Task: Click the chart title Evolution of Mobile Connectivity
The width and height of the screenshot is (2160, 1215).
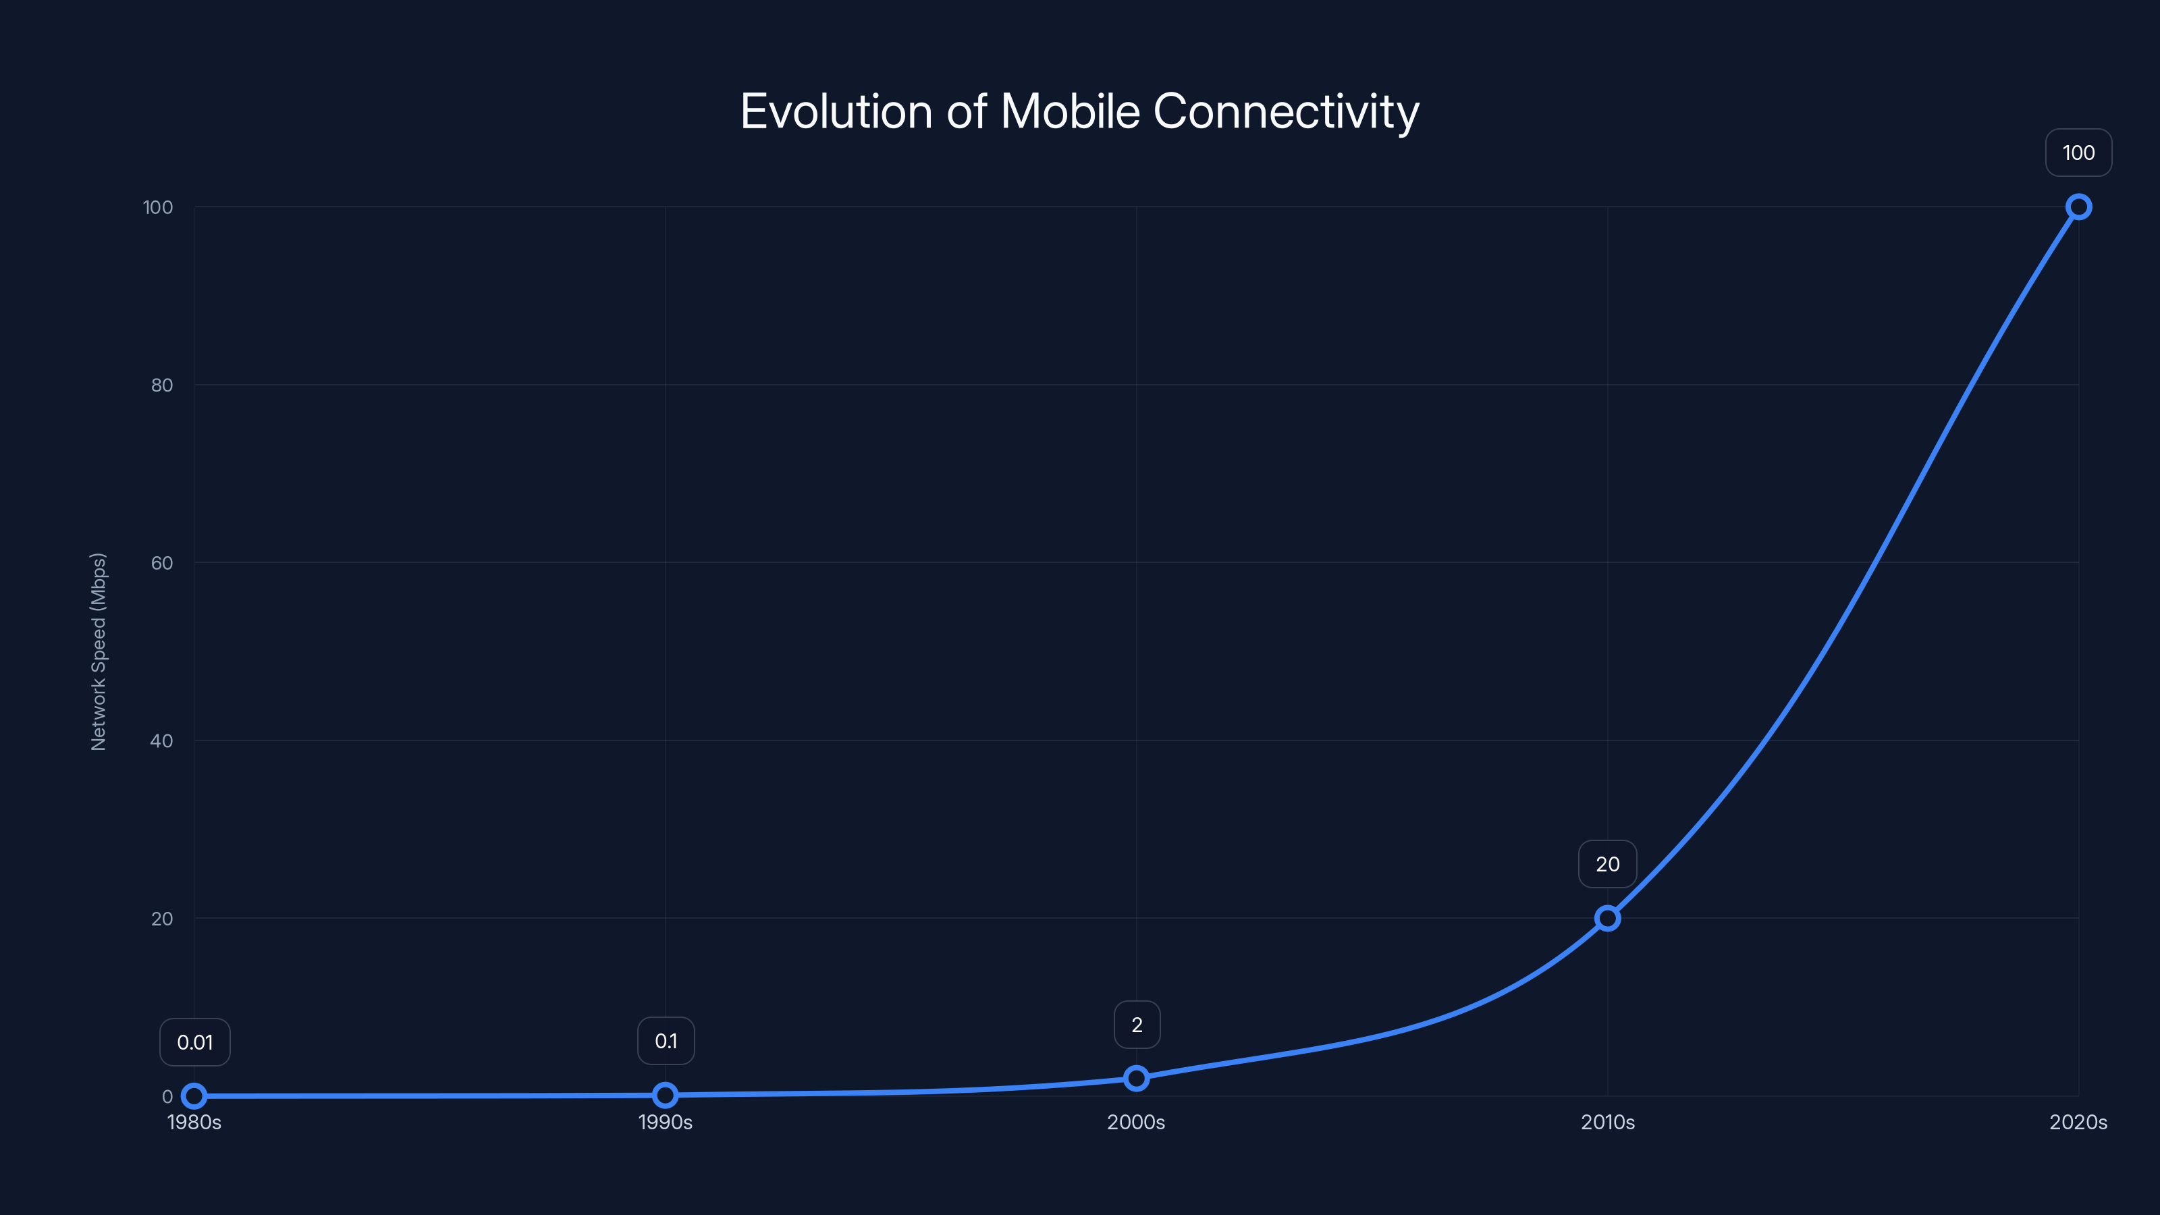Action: tap(1079, 111)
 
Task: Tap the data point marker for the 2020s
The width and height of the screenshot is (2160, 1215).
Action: tap(2078, 207)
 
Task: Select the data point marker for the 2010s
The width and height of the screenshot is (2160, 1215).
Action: tap(1606, 918)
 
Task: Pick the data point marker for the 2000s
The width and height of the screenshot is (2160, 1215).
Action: tap(1136, 1079)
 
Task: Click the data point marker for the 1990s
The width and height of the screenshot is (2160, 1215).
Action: tap(665, 1094)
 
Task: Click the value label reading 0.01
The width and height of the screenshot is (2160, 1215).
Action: tap(194, 1042)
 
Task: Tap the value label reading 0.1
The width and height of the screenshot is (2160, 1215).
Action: tap(666, 1041)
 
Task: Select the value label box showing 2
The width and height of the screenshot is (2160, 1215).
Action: tap(1136, 1025)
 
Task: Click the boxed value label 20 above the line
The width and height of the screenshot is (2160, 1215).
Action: tap(1606, 864)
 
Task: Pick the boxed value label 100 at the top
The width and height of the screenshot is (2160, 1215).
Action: tap(2078, 153)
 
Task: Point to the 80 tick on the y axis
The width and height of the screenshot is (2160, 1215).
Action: tap(162, 385)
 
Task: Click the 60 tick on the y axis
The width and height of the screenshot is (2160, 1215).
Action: tap(162, 563)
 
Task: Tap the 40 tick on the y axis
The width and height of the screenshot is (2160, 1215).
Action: tap(162, 740)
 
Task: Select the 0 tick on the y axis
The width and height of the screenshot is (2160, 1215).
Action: tap(167, 1096)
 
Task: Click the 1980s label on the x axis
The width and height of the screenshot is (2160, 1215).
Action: tap(194, 1122)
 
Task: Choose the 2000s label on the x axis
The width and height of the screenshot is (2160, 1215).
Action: tap(1136, 1122)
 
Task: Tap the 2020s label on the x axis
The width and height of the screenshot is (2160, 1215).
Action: tap(2077, 1122)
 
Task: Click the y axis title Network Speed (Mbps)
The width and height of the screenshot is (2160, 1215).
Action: tap(98, 651)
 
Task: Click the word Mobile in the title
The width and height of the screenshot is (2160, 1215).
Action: tap(1070, 111)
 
